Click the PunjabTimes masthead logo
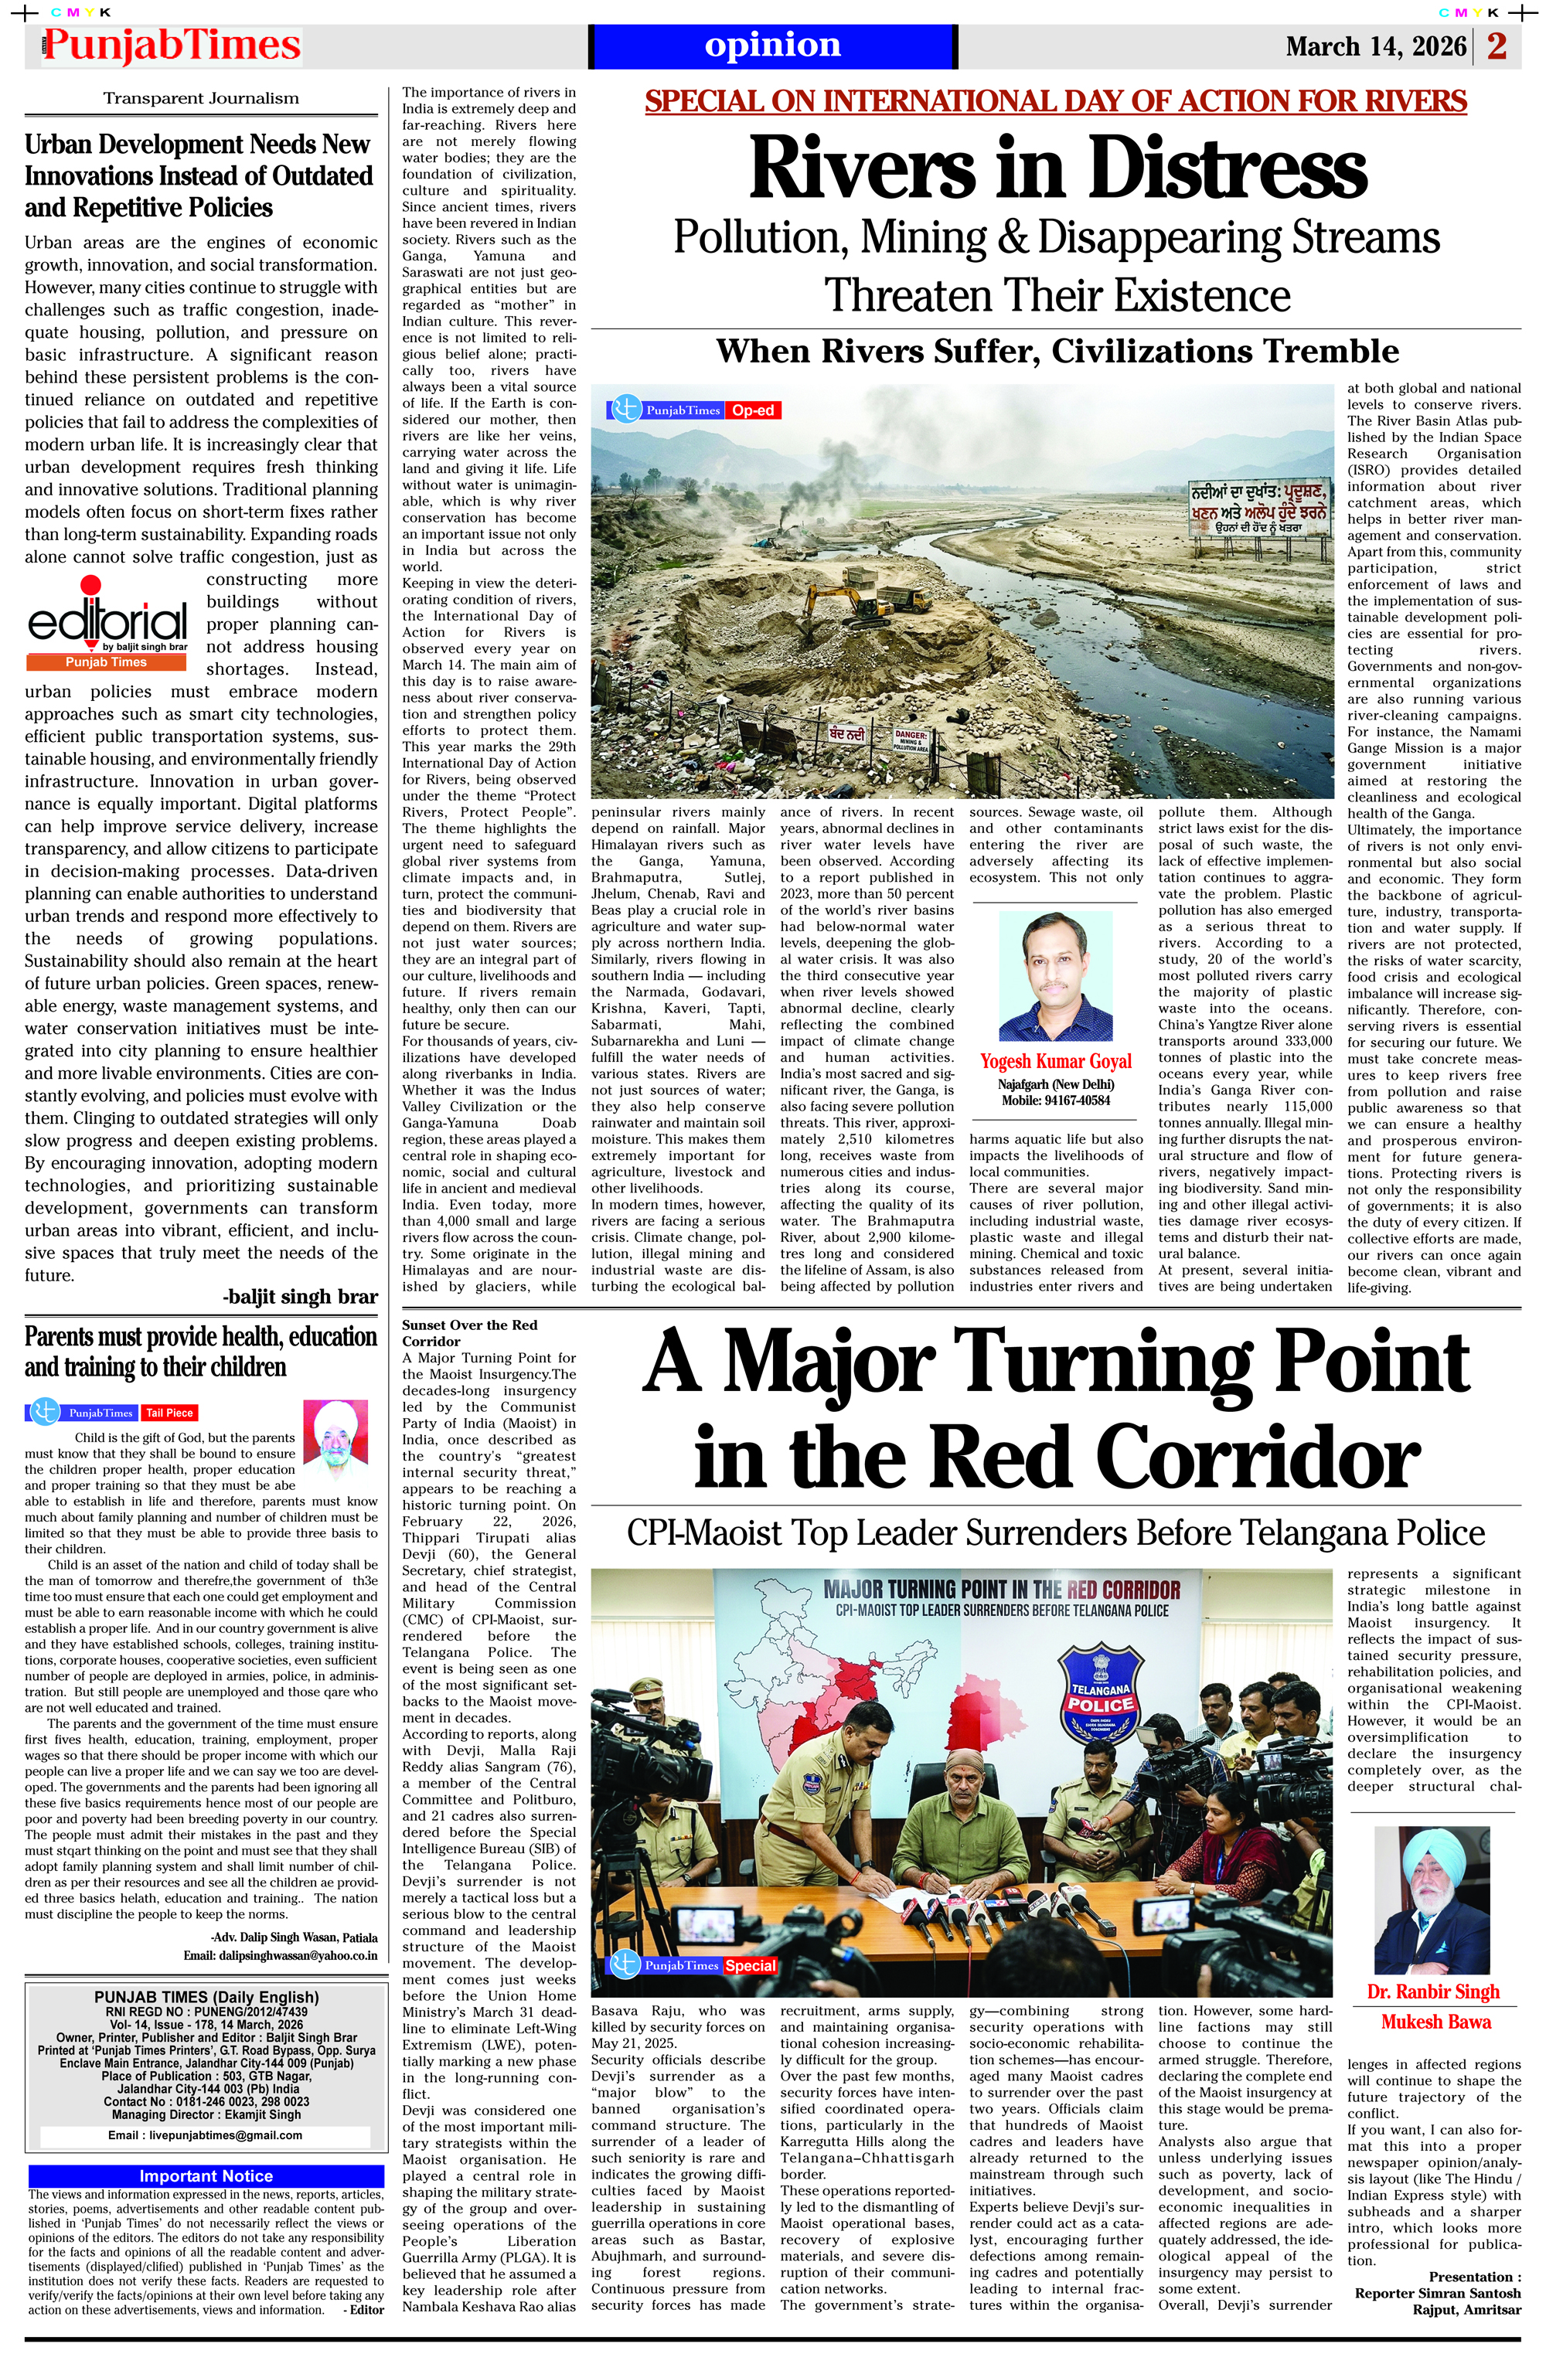(x=171, y=46)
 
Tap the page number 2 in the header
(x=1497, y=46)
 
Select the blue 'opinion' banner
(x=772, y=46)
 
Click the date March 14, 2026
(x=1375, y=46)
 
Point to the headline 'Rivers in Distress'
(x=1057, y=167)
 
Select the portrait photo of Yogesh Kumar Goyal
(x=1055, y=976)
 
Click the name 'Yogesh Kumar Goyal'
(x=1055, y=1061)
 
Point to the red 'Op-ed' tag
(x=752, y=410)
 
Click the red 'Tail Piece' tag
(x=170, y=1413)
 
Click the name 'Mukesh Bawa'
(x=1435, y=2022)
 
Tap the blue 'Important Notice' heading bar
(x=206, y=2176)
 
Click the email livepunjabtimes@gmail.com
(x=206, y=2134)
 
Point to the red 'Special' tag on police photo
(x=750, y=1966)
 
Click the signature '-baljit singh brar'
(x=300, y=1296)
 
